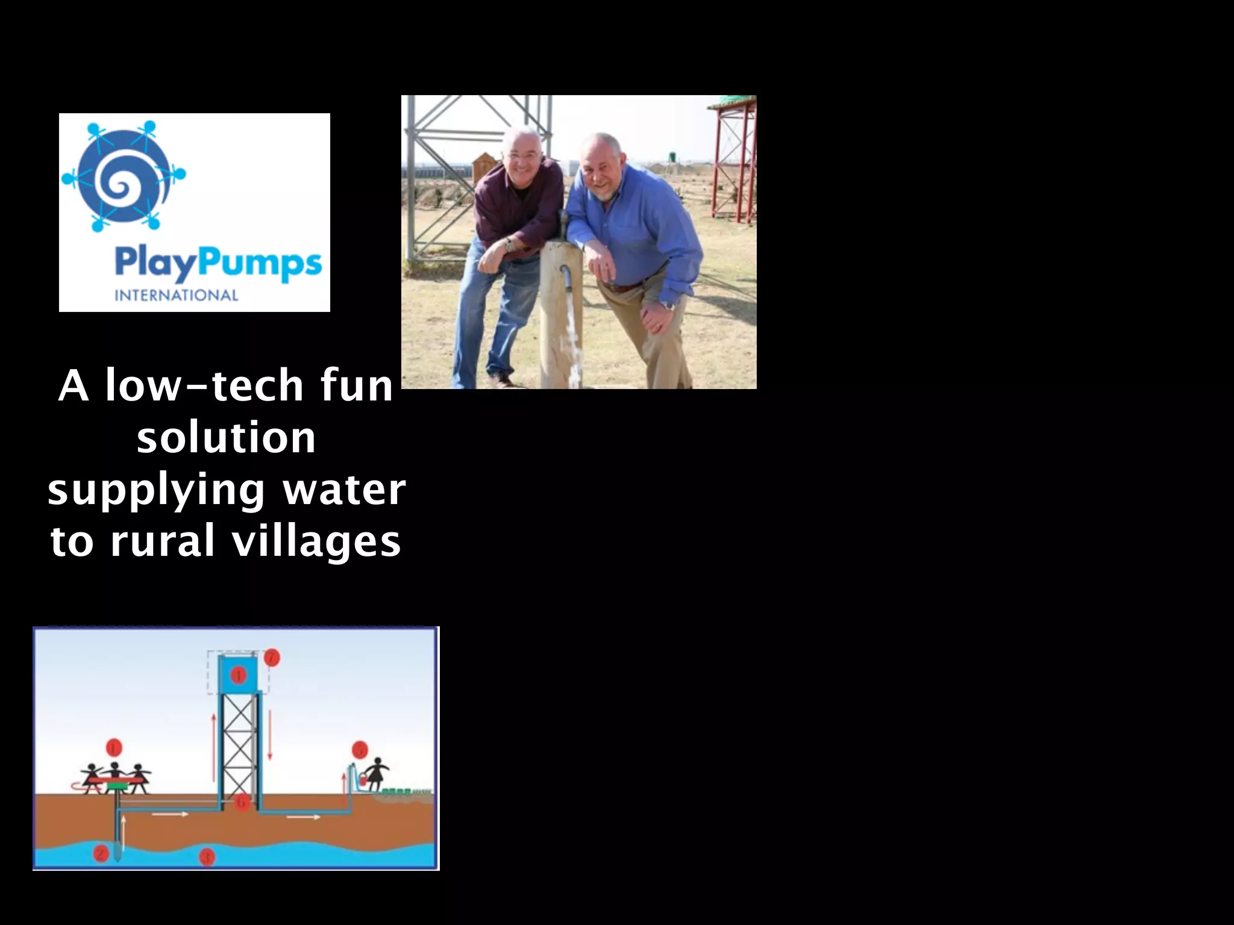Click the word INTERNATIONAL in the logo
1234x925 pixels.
coord(176,295)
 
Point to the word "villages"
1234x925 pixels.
coord(316,540)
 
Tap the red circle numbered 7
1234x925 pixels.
coord(272,657)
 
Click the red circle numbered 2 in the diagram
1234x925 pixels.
coord(101,853)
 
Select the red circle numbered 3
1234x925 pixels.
coord(207,856)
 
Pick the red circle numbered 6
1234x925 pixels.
coord(242,802)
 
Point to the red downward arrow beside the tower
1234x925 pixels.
coord(270,735)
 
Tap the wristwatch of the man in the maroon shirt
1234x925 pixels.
coord(510,244)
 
